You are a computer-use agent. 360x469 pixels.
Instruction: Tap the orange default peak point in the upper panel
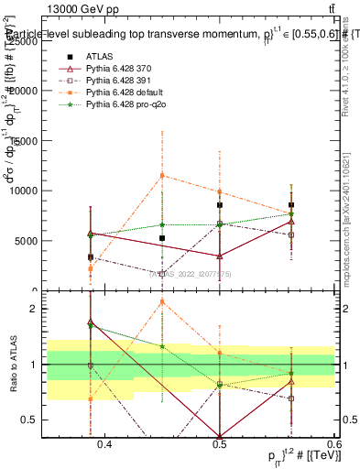(162, 175)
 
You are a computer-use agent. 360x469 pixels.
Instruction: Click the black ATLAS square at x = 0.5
(220, 205)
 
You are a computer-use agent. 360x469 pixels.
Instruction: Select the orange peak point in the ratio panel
(162, 301)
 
